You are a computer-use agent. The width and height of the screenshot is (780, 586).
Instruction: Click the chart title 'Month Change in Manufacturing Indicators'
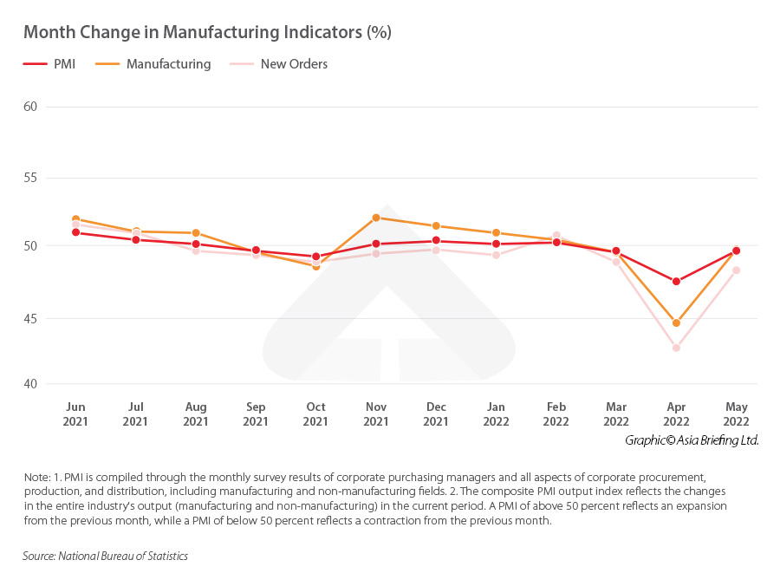click(x=207, y=33)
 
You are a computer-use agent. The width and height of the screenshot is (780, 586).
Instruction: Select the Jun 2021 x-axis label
click(x=75, y=414)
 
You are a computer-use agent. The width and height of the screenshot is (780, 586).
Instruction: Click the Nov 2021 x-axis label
click(x=375, y=414)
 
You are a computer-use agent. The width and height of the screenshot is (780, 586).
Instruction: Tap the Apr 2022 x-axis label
click(x=676, y=414)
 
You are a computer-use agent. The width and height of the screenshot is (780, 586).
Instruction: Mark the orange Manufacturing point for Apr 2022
click(x=676, y=323)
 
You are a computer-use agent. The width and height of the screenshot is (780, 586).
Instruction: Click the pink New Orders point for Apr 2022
click(x=676, y=348)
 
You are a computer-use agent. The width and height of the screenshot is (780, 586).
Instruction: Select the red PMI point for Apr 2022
click(x=676, y=281)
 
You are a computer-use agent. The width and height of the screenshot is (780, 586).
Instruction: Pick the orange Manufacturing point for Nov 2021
click(x=375, y=218)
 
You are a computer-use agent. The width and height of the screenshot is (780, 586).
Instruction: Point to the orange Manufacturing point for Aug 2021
click(x=196, y=233)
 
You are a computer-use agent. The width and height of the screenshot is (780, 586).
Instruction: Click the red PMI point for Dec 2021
click(x=436, y=241)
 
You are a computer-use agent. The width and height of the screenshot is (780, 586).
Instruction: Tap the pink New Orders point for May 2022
click(x=736, y=270)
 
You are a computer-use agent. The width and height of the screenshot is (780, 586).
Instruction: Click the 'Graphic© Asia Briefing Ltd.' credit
click(x=692, y=440)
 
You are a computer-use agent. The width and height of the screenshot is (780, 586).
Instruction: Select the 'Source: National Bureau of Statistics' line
click(x=105, y=556)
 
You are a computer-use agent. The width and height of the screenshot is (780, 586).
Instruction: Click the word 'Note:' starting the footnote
click(x=38, y=479)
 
